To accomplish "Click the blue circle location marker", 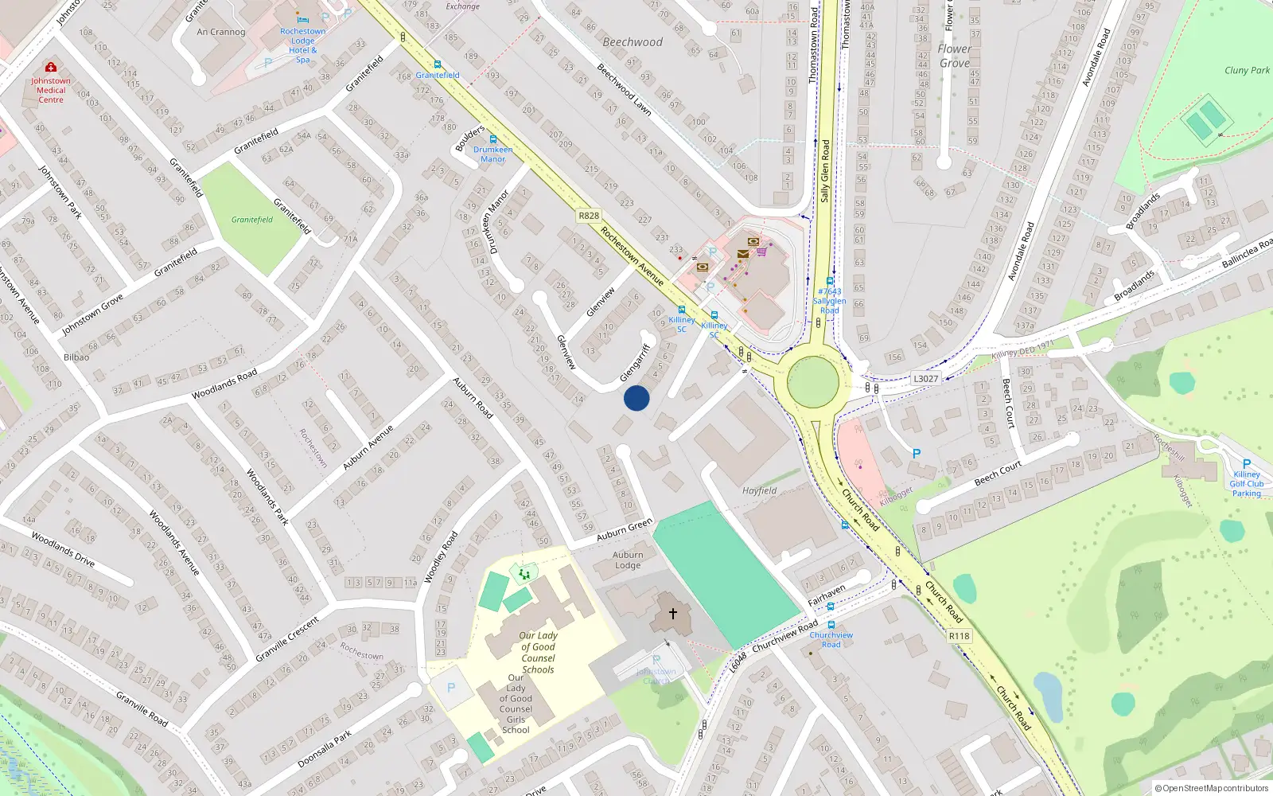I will (636, 398).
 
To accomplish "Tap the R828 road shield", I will (589, 216).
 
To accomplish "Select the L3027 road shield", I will (925, 379).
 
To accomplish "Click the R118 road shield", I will (959, 636).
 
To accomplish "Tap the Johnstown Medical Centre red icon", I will (51, 68).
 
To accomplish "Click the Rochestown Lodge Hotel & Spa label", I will (302, 45).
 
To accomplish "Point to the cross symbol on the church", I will (672, 614).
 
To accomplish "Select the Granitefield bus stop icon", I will (437, 65).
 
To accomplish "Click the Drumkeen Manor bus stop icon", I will (493, 139).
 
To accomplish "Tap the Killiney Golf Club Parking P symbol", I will (1246, 464).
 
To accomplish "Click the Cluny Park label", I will (1247, 70).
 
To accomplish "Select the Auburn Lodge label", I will (628, 560).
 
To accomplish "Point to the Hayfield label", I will (759, 491).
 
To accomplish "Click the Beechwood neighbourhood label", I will (633, 42).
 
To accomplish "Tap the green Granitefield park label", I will (252, 220).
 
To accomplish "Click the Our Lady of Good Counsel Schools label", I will (539, 653).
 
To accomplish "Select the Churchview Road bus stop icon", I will (831, 626).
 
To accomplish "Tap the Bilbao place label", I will (76, 357).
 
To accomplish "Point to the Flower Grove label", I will (954, 56).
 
